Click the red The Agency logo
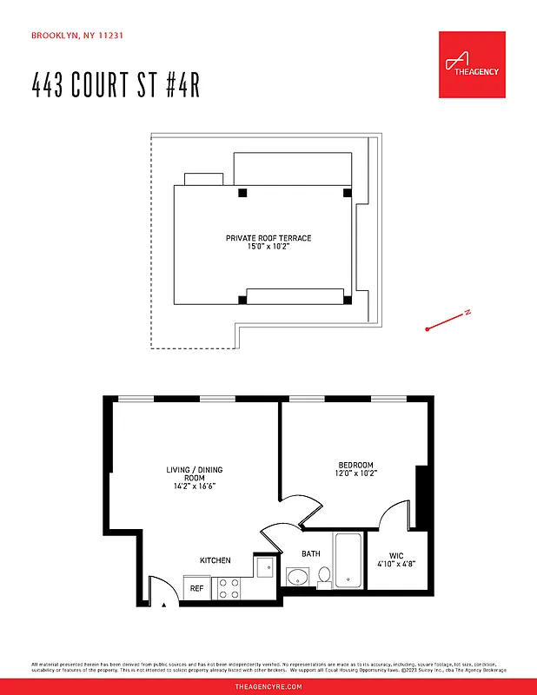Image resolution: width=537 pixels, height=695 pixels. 472,65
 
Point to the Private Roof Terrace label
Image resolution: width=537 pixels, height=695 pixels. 268,238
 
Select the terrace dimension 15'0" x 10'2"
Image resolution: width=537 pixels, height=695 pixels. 268,247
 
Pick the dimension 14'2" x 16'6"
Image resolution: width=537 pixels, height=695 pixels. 195,486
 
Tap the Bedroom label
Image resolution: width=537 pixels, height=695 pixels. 356,465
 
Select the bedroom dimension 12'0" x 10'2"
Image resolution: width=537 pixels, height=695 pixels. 356,473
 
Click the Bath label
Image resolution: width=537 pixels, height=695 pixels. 310,553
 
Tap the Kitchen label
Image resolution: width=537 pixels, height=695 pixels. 215,560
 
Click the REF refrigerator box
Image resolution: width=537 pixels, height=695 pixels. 197,588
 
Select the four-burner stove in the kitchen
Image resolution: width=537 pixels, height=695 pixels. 229,588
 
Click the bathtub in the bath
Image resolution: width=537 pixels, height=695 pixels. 349,559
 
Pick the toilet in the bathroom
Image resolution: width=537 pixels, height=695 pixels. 324,575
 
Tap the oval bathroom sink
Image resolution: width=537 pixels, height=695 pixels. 298,576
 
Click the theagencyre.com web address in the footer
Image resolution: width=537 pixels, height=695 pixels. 268,686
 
